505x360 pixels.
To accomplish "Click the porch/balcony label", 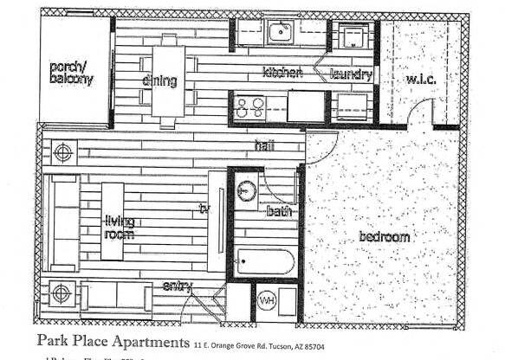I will point(71,73).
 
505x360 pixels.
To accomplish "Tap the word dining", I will point(161,81).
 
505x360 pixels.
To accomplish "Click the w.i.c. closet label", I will point(424,80).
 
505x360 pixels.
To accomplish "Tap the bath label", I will point(280,211).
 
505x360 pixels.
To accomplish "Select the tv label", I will point(204,209).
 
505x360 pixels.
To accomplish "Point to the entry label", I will point(177,286).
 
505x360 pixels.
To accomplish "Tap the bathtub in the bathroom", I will point(265,260).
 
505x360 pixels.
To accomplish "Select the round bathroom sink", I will point(247,190).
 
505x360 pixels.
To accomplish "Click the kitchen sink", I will point(281,34).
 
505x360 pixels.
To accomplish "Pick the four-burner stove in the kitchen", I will point(250,107).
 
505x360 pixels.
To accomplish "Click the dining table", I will point(169,80).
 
